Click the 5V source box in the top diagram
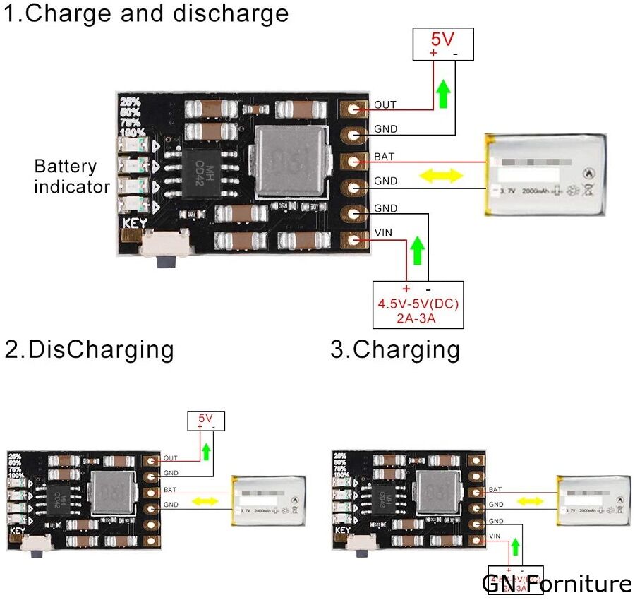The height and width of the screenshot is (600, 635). pos(443,44)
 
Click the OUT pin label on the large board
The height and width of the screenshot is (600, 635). pos(385,105)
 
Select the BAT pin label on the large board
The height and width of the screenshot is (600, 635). pos(385,155)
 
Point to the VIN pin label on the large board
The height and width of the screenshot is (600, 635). pos(383,233)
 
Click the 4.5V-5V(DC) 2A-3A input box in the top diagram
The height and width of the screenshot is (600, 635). pos(418,304)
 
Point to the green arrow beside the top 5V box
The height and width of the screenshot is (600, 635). pos(442,94)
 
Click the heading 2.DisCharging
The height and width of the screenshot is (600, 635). pos(89,349)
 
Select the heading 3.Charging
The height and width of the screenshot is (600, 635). pos(395,349)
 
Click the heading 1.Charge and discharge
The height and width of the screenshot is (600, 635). pos(147,13)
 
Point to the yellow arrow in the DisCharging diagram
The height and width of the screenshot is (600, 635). pos(206,501)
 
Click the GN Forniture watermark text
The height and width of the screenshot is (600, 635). pos(557,584)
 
